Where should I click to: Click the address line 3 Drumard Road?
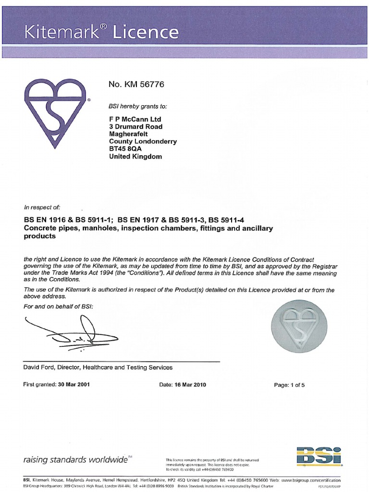[x=136, y=127]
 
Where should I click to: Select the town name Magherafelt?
[x=128, y=134]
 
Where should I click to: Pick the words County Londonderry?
[x=143, y=142]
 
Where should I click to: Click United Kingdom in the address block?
[x=135, y=157]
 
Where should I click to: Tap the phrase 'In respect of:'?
[x=42, y=208]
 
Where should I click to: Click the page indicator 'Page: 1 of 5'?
[x=289, y=385]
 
